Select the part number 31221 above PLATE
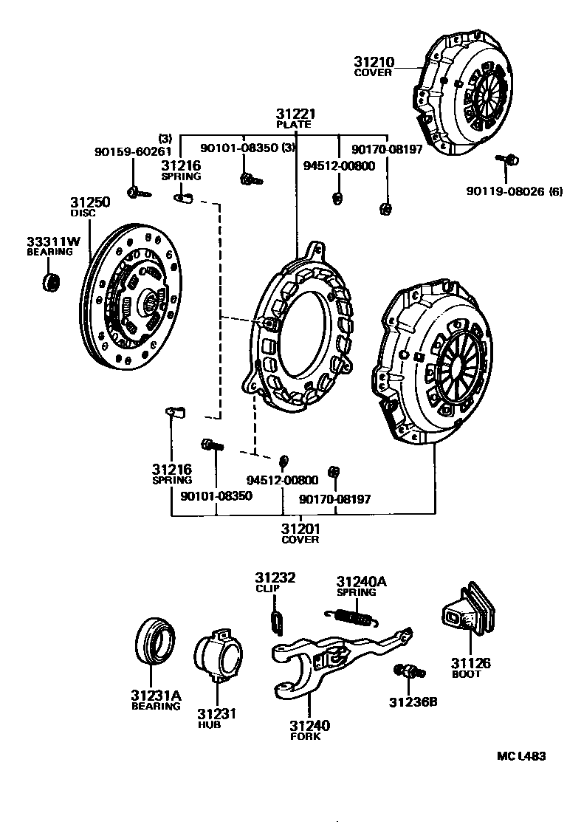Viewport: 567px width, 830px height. [296, 114]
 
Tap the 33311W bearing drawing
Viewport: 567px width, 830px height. [51, 281]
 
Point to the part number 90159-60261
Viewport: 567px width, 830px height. [133, 151]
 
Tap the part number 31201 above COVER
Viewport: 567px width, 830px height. [300, 528]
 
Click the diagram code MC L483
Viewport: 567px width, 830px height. [521, 756]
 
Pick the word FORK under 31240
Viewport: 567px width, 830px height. [305, 736]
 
